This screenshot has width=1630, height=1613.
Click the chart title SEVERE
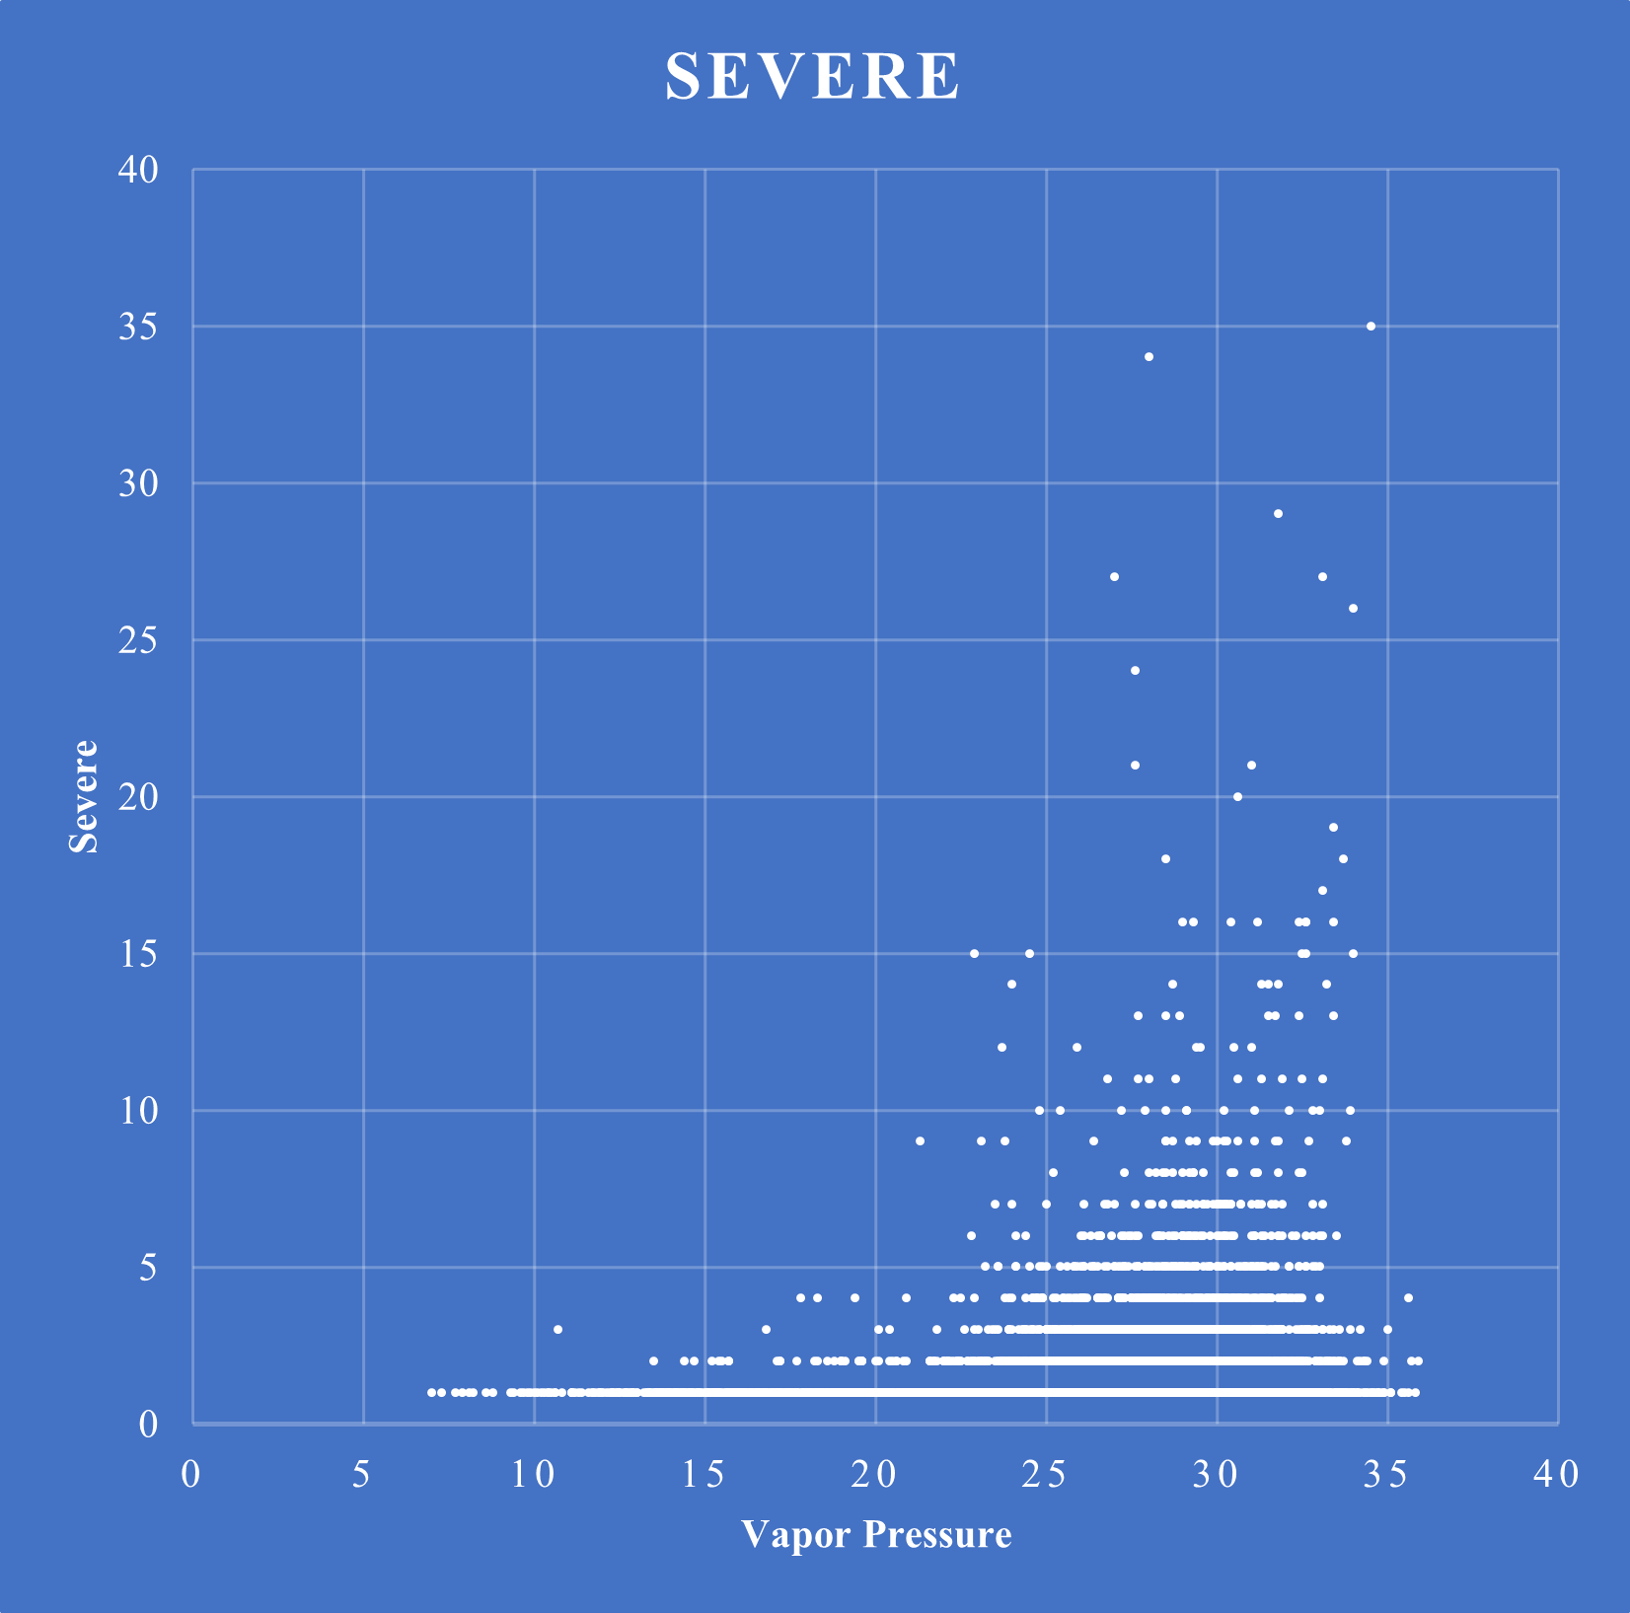pos(812,76)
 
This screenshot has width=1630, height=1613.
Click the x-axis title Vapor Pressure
pos(876,1534)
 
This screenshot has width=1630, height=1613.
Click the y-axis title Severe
pos(84,796)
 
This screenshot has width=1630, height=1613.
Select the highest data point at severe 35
pos(1371,326)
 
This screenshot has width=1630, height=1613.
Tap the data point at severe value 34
pos(1148,357)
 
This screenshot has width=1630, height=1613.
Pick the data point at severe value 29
pos(1278,514)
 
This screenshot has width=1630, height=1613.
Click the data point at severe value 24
pos(1135,671)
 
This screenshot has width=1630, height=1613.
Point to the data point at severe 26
pos(1353,608)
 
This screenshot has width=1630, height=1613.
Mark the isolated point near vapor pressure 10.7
pos(557,1329)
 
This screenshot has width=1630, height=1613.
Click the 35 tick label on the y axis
pos(138,327)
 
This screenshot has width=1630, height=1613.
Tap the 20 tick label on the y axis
pos(138,797)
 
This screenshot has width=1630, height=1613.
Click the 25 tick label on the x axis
pos(1045,1475)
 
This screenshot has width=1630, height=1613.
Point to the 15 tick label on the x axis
pos(704,1475)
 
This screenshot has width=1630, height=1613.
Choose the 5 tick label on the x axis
pos(362,1475)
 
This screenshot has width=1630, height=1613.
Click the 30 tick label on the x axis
pos(1216,1475)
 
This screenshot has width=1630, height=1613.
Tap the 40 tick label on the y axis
pos(138,170)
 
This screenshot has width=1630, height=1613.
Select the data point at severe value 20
pos(1237,796)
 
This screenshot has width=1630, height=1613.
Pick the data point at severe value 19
pos(1333,827)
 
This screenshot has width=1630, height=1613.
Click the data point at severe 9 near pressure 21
pos(920,1140)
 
